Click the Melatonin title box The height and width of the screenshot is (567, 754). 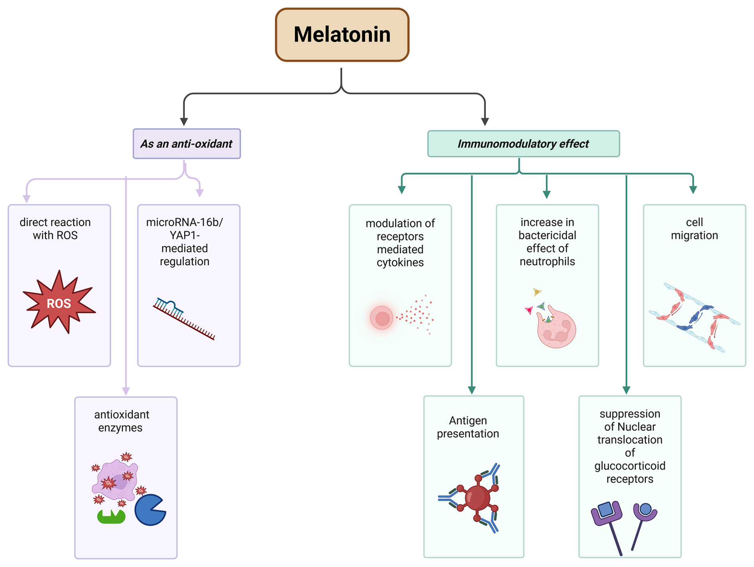point(342,35)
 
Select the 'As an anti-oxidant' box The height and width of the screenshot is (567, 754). point(187,144)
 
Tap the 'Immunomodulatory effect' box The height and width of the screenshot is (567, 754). point(523,144)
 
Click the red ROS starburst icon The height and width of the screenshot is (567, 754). point(59,303)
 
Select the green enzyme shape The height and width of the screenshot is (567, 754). point(111,517)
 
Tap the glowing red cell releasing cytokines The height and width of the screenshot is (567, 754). point(382,318)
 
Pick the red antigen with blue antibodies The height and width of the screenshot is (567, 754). point(477,498)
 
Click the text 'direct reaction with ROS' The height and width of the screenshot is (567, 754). point(55,228)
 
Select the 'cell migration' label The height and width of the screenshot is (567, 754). point(694,228)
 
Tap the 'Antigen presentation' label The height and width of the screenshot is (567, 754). point(468,427)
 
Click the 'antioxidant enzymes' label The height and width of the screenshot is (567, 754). point(122,421)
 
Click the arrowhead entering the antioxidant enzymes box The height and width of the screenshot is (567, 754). point(126,391)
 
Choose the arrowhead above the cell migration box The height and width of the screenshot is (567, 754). point(693,190)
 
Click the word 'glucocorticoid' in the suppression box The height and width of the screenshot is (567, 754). point(630,466)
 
